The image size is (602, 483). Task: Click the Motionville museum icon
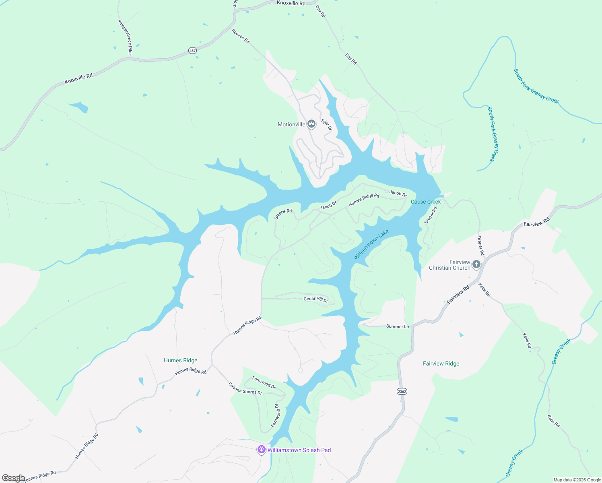click(x=311, y=124)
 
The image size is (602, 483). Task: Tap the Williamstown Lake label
click(x=371, y=244)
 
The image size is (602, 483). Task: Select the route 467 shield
click(x=192, y=50)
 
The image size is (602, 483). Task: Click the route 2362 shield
click(x=402, y=391)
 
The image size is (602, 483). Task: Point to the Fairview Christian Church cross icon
click(x=476, y=264)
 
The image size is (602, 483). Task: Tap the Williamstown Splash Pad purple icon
click(x=262, y=450)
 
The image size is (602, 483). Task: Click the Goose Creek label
click(x=426, y=202)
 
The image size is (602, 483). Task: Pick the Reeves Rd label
click(x=241, y=36)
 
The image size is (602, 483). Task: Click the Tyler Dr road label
click(x=326, y=125)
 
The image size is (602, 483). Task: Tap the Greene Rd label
click(x=283, y=214)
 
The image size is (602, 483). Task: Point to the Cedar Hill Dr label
click(x=316, y=299)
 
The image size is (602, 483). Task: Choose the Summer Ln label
click(x=398, y=326)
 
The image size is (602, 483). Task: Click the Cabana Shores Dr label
click(x=245, y=388)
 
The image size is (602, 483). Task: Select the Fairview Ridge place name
click(x=441, y=363)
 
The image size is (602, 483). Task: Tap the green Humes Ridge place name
click(x=181, y=360)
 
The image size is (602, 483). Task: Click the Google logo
click(x=13, y=478)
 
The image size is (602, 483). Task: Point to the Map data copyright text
click(x=577, y=480)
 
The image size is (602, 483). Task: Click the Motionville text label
click(x=291, y=124)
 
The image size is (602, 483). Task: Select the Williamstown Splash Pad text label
click(x=299, y=450)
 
